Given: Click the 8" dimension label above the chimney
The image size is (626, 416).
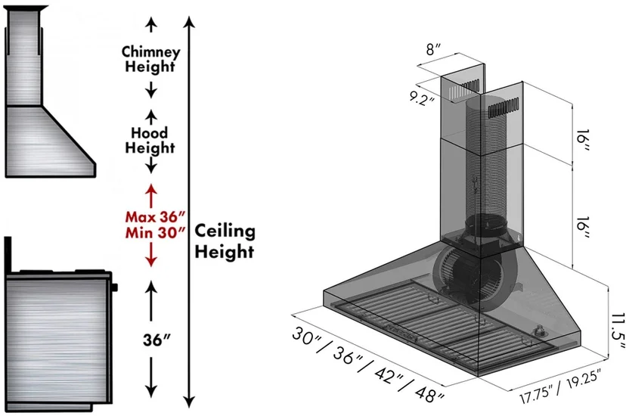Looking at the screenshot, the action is click(433, 49).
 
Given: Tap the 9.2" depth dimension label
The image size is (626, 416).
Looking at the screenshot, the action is click(422, 98).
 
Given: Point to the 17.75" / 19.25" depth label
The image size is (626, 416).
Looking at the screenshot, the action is click(560, 387).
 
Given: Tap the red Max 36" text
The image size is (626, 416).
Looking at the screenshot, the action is click(155, 217).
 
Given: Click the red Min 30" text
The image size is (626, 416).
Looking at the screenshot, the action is click(155, 232).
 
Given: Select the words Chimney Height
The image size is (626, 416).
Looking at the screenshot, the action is click(150, 59).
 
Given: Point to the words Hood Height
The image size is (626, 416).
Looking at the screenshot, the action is click(150, 141).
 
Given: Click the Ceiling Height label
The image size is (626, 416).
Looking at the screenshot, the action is click(225, 241).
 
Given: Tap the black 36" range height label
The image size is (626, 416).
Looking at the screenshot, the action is click(156, 340).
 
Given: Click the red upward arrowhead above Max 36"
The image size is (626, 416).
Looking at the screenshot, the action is click(151, 189).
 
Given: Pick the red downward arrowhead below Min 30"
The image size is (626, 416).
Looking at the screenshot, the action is click(151, 261).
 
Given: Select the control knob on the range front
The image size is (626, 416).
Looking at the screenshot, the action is click(115, 287).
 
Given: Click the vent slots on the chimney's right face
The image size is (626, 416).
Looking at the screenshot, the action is click(504, 107).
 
